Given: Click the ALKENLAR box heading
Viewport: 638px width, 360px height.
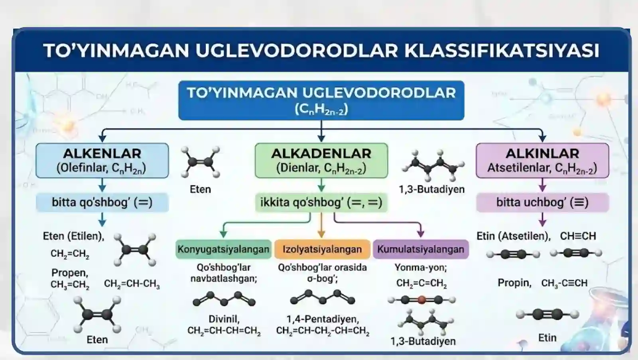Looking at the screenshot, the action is (102, 153).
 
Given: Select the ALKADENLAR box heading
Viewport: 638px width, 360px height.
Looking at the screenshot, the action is (321, 153).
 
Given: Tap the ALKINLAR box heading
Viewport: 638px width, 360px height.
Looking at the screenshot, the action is (542, 153).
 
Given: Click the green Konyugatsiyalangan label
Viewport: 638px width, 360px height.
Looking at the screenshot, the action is (224, 249).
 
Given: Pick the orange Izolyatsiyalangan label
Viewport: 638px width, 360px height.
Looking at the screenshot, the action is (322, 249).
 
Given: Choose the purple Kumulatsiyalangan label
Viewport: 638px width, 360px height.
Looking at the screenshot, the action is (421, 249).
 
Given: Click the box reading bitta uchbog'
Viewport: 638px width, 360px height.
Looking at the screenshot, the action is (543, 203).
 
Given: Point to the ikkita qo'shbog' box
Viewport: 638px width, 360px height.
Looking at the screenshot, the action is (321, 203).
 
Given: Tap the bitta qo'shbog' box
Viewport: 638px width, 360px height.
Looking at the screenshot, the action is (102, 203).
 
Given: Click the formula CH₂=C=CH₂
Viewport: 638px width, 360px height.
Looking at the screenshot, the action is (421, 283).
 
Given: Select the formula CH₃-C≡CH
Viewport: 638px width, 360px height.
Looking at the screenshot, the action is (564, 283).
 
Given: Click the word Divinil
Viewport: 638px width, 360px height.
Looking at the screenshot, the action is (224, 319).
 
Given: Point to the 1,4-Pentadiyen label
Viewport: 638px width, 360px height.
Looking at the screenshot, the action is (323, 319).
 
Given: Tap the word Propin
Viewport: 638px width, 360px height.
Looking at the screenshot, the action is (514, 283).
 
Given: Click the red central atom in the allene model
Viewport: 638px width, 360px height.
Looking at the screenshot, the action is (422, 300).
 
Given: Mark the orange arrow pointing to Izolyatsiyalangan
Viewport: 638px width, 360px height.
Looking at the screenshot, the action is (321, 225).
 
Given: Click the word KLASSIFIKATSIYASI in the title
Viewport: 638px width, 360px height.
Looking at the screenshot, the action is (502, 51).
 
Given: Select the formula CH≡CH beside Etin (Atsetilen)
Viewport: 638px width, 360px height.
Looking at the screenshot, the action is (578, 236).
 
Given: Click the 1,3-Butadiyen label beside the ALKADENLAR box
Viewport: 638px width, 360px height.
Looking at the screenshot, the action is (432, 189).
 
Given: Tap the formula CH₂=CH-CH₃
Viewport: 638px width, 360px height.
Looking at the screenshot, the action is (132, 284).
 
